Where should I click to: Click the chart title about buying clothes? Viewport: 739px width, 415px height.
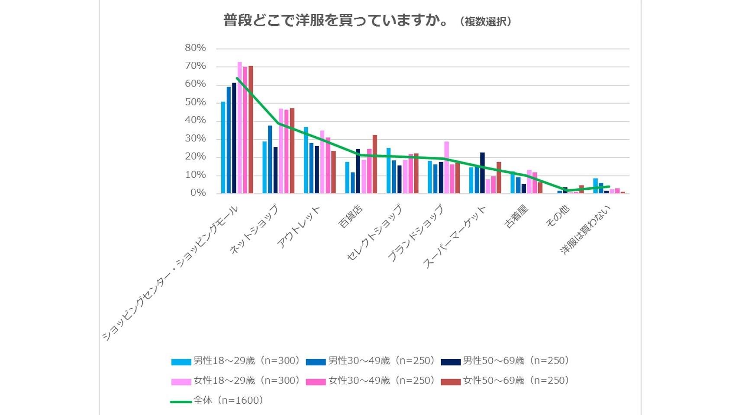pos(336,20)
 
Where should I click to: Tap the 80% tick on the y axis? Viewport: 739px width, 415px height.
pos(195,48)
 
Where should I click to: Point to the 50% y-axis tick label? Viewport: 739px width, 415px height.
pos(195,102)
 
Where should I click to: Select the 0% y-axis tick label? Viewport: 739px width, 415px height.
pos(198,193)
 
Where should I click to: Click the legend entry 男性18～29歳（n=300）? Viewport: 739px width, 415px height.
pos(236,361)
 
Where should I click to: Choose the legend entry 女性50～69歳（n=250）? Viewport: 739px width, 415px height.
pos(505,381)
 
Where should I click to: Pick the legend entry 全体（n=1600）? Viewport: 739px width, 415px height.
pos(217,401)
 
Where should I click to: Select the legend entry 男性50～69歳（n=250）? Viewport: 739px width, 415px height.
pos(505,361)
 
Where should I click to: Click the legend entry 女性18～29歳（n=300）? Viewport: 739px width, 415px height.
pos(236,381)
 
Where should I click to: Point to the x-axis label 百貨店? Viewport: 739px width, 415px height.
pos(351,217)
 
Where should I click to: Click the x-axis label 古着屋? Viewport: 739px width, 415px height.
pos(517,217)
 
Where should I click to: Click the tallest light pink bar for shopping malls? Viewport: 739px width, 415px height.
pos(239,128)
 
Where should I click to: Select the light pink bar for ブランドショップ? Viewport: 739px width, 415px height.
pos(446,167)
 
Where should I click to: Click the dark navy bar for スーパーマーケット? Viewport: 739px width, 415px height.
pos(482,173)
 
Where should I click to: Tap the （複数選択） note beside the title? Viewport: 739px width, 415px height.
pos(485,22)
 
